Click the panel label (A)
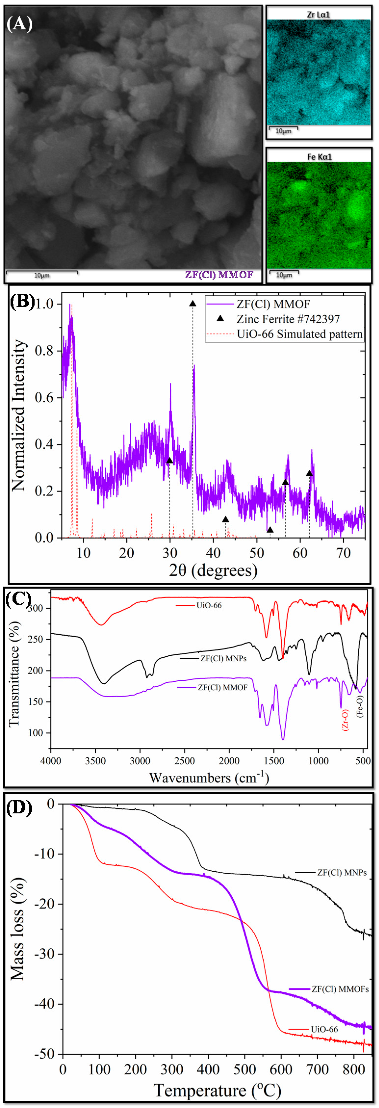19,24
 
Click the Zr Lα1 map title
318,14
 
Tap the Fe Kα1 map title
319,157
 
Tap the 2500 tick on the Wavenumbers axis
185,761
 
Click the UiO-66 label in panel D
324,1029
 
